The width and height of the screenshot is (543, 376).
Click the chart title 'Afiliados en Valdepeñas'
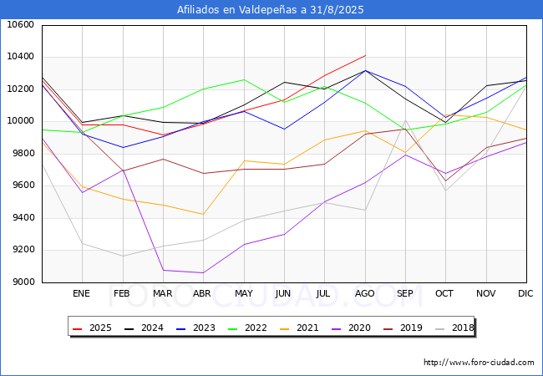click(x=271, y=10)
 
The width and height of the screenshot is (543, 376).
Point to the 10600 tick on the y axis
click(x=21, y=25)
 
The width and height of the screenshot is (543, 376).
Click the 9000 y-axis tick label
click(x=21, y=282)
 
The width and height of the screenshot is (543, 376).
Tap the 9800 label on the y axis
click(x=21, y=154)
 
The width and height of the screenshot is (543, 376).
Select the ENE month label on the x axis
click(x=81, y=294)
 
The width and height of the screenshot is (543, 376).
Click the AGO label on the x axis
click(x=364, y=294)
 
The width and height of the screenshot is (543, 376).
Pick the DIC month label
click(x=525, y=294)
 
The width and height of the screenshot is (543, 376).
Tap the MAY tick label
click(x=243, y=294)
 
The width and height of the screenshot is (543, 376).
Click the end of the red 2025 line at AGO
click(x=365, y=55)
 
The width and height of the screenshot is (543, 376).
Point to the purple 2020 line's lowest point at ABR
click(x=202, y=272)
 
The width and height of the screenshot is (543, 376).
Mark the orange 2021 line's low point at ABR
click(x=202, y=215)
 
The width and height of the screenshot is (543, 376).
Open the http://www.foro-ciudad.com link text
click(x=479, y=363)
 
